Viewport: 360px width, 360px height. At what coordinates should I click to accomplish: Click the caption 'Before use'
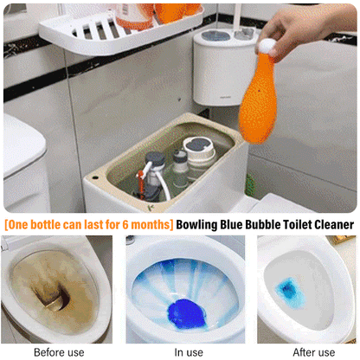58,352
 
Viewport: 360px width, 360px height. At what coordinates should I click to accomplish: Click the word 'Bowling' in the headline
203,225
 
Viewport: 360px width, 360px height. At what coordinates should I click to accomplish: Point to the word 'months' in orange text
151,225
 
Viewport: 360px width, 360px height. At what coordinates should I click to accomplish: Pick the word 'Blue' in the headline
230,225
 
